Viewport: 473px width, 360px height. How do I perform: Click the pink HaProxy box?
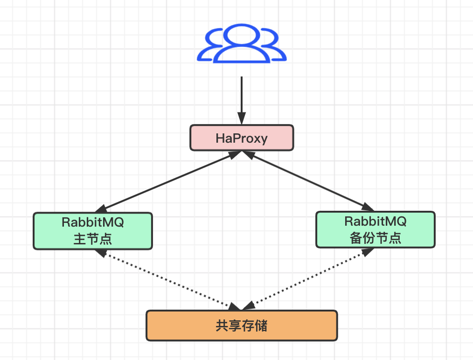(x=242, y=138)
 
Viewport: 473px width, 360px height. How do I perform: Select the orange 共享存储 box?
(x=242, y=325)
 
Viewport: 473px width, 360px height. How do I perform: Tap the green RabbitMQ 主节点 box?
(x=93, y=231)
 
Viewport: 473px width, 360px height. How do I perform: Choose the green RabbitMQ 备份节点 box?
(x=376, y=229)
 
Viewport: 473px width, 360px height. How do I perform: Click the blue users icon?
(x=241, y=45)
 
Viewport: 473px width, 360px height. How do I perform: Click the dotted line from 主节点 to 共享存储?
(x=168, y=279)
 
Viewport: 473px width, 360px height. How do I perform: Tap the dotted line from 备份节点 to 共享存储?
(x=308, y=279)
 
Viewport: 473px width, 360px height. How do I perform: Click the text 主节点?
(x=93, y=239)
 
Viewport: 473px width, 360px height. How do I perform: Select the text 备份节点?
(x=376, y=238)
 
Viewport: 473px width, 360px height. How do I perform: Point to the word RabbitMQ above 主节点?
(x=93, y=222)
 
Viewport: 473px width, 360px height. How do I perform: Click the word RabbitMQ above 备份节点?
(x=376, y=221)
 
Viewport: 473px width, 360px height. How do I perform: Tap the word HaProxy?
(x=242, y=138)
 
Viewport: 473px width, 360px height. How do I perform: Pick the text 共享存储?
(x=242, y=325)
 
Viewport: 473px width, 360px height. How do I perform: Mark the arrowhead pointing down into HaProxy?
(x=241, y=119)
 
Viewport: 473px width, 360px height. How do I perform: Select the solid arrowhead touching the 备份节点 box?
(x=369, y=208)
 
